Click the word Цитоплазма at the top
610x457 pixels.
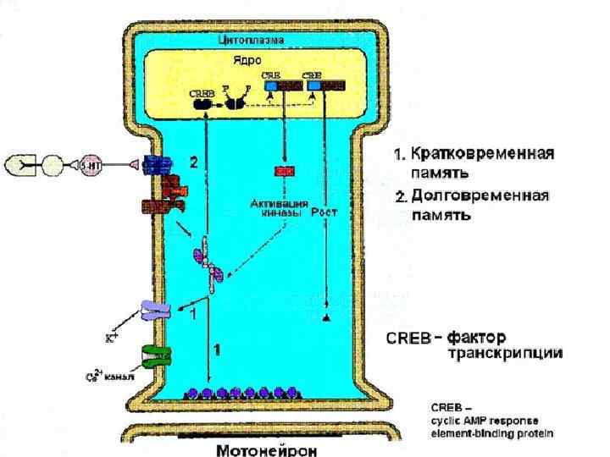click(x=251, y=39)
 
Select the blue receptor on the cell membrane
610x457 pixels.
click(x=157, y=166)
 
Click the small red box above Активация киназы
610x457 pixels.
click(x=283, y=172)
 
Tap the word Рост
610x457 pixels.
click(x=324, y=213)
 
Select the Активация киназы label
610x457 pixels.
click(x=276, y=209)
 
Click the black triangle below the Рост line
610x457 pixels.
click(x=325, y=317)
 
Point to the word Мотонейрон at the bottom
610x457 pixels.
click(x=267, y=449)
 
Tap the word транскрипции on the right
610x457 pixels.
click(x=505, y=354)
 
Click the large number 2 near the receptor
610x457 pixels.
click(x=193, y=162)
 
